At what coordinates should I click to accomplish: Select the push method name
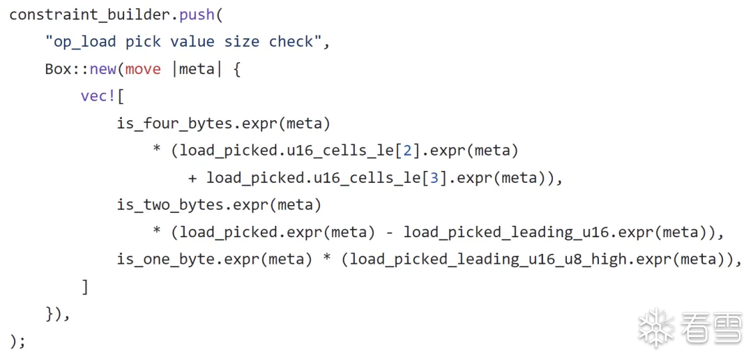pyautogui.click(x=201, y=15)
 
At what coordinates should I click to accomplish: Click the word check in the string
pyautogui.click(x=291, y=42)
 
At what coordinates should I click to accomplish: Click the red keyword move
pyautogui.click(x=143, y=69)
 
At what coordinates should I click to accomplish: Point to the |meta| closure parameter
pyautogui.click(x=197, y=69)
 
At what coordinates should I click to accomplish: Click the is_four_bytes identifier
pyautogui.click(x=174, y=123)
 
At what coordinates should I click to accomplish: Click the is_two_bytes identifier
pyautogui.click(x=170, y=205)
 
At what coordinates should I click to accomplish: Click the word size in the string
pyautogui.click(x=242, y=42)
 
